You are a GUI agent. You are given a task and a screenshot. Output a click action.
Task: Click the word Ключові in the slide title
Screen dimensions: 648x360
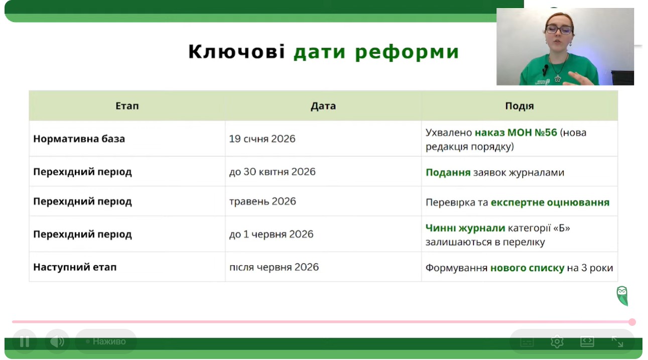point(236,52)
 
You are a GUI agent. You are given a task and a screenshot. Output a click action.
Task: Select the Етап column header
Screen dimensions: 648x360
point(127,106)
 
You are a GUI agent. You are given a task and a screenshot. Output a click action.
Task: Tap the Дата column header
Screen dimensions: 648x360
point(323,106)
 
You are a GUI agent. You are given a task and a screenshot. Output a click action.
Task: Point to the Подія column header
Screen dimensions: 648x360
point(520,106)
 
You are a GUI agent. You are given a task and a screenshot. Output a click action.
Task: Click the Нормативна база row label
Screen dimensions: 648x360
point(79,139)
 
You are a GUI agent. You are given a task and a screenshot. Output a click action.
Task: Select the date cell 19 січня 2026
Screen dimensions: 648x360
point(262,139)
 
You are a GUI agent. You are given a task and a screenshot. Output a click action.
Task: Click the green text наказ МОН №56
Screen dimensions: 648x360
point(516,133)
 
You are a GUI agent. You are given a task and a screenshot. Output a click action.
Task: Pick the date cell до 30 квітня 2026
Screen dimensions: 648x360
point(272,172)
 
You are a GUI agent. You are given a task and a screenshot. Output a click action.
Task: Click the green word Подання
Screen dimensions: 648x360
point(448,173)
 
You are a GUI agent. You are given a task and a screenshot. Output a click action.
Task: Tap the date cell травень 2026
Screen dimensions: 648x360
point(263,201)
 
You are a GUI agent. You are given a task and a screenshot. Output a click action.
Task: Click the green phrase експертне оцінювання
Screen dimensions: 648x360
point(550,202)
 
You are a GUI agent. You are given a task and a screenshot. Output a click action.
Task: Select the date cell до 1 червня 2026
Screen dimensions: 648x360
point(271,234)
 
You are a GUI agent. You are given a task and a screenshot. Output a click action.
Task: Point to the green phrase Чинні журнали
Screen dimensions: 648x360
point(465,228)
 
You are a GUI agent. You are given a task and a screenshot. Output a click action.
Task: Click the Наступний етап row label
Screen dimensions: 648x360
point(75,267)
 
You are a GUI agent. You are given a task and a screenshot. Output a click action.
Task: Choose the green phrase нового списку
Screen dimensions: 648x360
point(527,268)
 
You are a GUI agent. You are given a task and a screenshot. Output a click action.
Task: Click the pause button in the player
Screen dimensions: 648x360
point(25,341)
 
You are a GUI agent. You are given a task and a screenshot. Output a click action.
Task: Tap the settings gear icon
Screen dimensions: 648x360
point(557,341)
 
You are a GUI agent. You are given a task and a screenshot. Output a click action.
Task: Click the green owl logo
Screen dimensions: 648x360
point(622,296)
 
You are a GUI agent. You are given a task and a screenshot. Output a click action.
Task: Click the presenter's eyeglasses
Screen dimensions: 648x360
point(558,30)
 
